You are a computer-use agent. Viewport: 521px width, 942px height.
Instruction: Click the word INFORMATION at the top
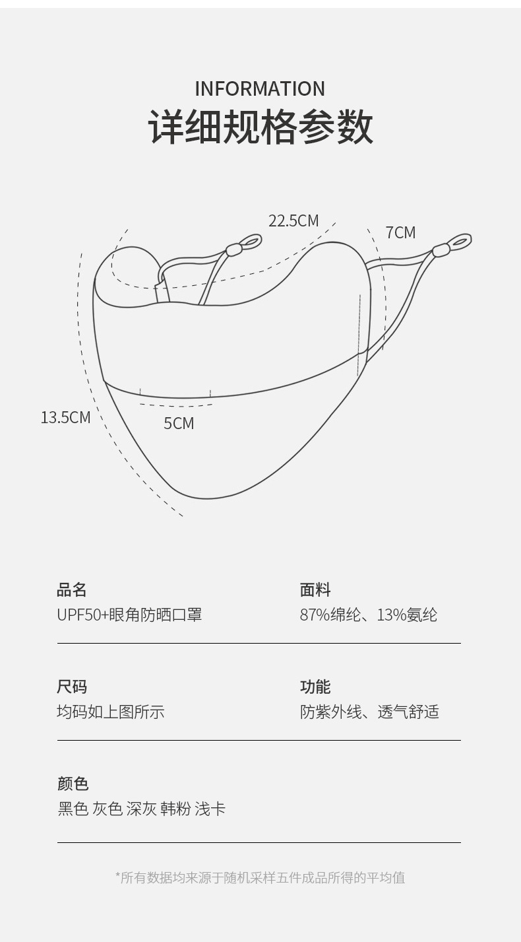tap(260, 88)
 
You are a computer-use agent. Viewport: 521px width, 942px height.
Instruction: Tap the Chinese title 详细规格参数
tap(260, 127)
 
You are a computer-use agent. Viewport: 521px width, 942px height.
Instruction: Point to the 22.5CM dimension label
tap(293, 220)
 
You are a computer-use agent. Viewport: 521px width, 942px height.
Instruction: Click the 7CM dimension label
tap(400, 232)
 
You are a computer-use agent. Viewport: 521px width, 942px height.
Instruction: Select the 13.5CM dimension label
tap(65, 417)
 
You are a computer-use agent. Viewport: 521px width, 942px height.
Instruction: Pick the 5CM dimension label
tap(179, 423)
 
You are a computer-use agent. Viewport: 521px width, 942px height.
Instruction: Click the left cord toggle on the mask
tap(233, 250)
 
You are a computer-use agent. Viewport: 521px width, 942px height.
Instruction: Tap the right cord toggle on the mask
tap(441, 250)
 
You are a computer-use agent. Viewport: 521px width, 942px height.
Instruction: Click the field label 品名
tap(72, 589)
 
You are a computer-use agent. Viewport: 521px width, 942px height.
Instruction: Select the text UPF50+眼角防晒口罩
tap(129, 615)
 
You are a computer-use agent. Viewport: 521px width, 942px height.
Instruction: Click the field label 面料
tap(315, 589)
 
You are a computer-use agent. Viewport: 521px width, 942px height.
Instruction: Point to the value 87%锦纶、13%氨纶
tap(368, 615)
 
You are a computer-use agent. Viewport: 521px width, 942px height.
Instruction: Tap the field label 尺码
tap(72, 687)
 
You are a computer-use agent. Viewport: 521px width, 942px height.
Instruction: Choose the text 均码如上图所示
tap(111, 712)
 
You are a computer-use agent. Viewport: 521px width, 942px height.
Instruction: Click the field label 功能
tap(315, 687)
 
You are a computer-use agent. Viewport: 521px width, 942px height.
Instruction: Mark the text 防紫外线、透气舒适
tap(369, 712)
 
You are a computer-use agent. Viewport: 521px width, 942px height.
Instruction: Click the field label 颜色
tap(73, 784)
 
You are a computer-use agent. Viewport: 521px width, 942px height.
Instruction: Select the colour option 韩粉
tap(175, 809)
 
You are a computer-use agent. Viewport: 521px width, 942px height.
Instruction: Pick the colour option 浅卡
tap(210, 809)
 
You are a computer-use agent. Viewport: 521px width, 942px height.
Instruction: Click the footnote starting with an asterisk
tap(260, 877)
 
